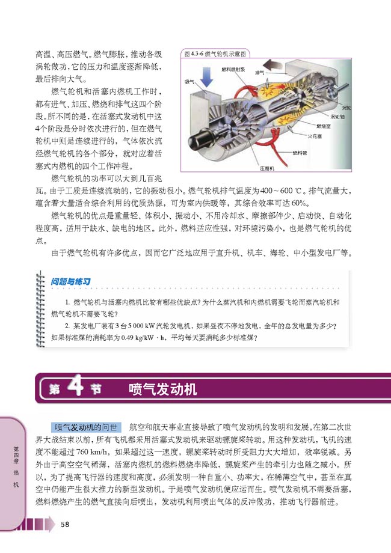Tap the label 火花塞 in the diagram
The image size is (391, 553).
pos(317,136)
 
